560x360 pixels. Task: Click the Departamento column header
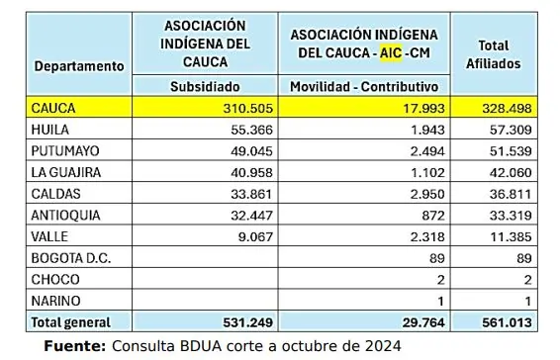pos(79,65)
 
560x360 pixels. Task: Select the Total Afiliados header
pos(493,54)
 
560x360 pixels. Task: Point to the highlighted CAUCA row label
pos(54,107)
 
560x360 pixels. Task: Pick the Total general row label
pos(71,321)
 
